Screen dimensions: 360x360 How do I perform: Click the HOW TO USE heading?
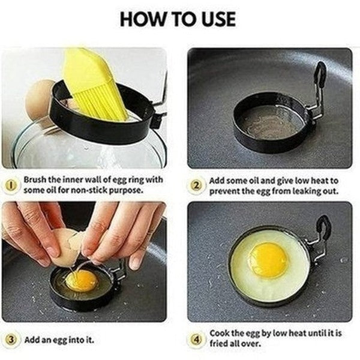(x=180, y=19)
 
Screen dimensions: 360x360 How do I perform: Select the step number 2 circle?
(x=197, y=184)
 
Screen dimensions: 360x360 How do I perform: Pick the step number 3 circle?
(x=11, y=340)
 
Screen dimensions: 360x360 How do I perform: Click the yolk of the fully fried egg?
(x=268, y=260)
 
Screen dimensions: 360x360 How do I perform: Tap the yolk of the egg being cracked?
(x=81, y=280)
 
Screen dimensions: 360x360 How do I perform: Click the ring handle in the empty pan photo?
(x=316, y=90)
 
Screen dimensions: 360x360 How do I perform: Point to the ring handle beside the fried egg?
(x=321, y=237)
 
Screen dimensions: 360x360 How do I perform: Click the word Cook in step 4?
(x=219, y=332)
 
